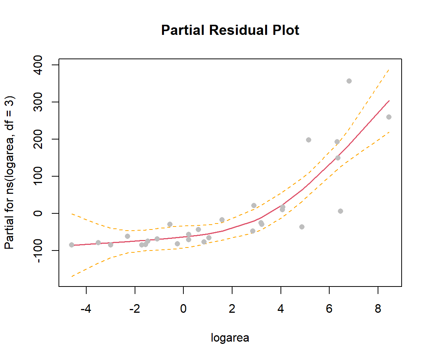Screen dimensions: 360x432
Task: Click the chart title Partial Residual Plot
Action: (230, 30)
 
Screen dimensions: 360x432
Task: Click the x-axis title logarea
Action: (230, 338)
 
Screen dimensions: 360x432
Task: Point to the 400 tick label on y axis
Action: (44, 65)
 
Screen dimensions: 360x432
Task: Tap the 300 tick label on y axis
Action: (44, 102)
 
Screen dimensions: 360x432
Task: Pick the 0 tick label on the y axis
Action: (44, 213)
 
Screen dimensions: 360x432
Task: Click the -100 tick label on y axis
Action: (44, 250)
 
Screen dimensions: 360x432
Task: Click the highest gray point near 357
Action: (349, 81)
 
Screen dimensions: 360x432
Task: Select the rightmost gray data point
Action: (389, 117)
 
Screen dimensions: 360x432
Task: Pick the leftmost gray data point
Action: (72, 245)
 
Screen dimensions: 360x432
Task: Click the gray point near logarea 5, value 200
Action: (309, 140)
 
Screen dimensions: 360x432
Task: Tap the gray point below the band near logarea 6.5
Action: (340, 211)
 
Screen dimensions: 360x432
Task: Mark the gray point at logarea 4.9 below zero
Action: (302, 227)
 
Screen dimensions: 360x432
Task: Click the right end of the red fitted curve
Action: (389, 100)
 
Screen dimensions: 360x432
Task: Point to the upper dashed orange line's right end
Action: (389, 69)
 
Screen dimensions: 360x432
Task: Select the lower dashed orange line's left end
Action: (72, 276)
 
